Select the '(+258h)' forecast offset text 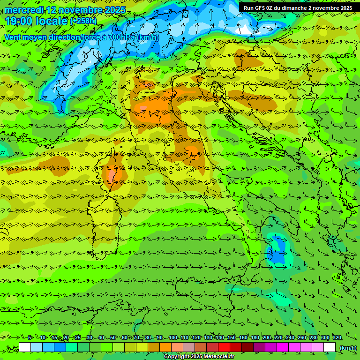click(x=83, y=21)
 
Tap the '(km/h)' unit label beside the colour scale click(x=348, y=348)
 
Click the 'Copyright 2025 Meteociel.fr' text click(x=199, y=357)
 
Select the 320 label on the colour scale click(x=337, y=338)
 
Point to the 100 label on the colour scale click(x=173, y=338)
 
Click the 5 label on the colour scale click(x=30, y=338)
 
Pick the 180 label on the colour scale click(x=255, y=338)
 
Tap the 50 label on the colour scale click(x=113, y=338)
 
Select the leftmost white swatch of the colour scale click(x=25, y=347)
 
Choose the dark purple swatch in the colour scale click(x=260, y=347)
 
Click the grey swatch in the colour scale click(x=189, y=347)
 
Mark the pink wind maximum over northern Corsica click(x=112, y=174)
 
